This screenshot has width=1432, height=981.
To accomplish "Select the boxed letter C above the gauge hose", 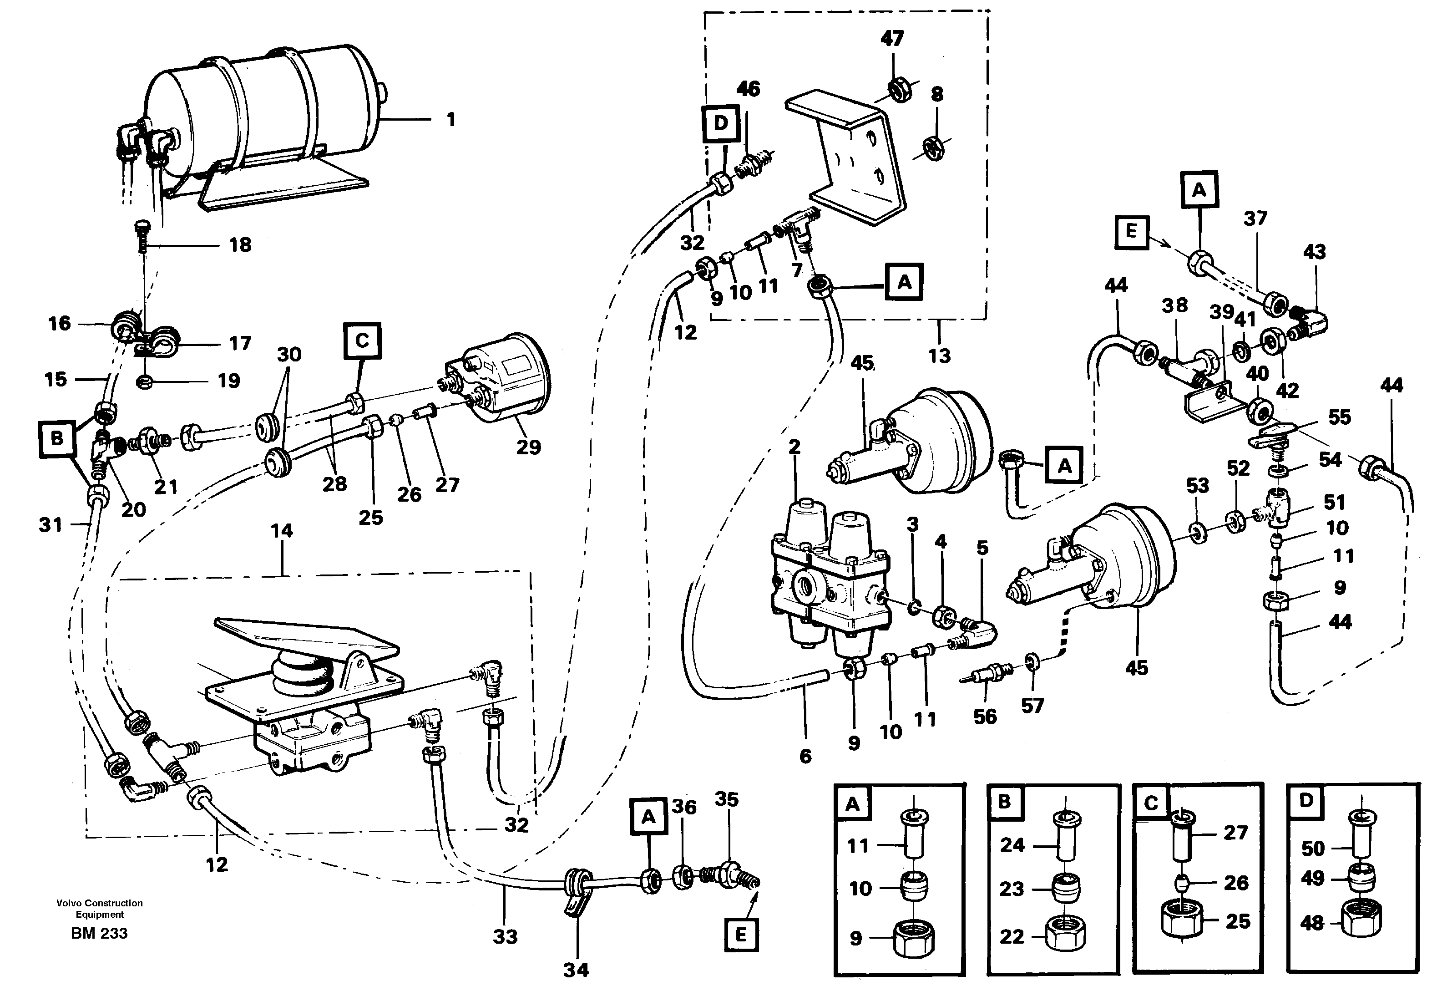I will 362,341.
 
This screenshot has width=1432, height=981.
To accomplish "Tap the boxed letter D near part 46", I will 720,123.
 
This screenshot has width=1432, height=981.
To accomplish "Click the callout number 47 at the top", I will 891,39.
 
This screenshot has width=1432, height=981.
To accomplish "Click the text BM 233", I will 99,933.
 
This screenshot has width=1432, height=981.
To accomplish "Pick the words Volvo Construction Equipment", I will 99,908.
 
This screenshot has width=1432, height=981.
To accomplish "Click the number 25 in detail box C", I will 1237,921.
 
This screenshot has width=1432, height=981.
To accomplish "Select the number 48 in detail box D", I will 1312,923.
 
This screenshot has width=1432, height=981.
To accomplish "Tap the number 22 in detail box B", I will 1011,936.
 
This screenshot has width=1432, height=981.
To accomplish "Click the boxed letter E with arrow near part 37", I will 1131,232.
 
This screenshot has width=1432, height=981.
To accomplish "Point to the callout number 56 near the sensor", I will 985,716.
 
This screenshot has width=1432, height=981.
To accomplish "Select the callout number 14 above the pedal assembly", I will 282,530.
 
